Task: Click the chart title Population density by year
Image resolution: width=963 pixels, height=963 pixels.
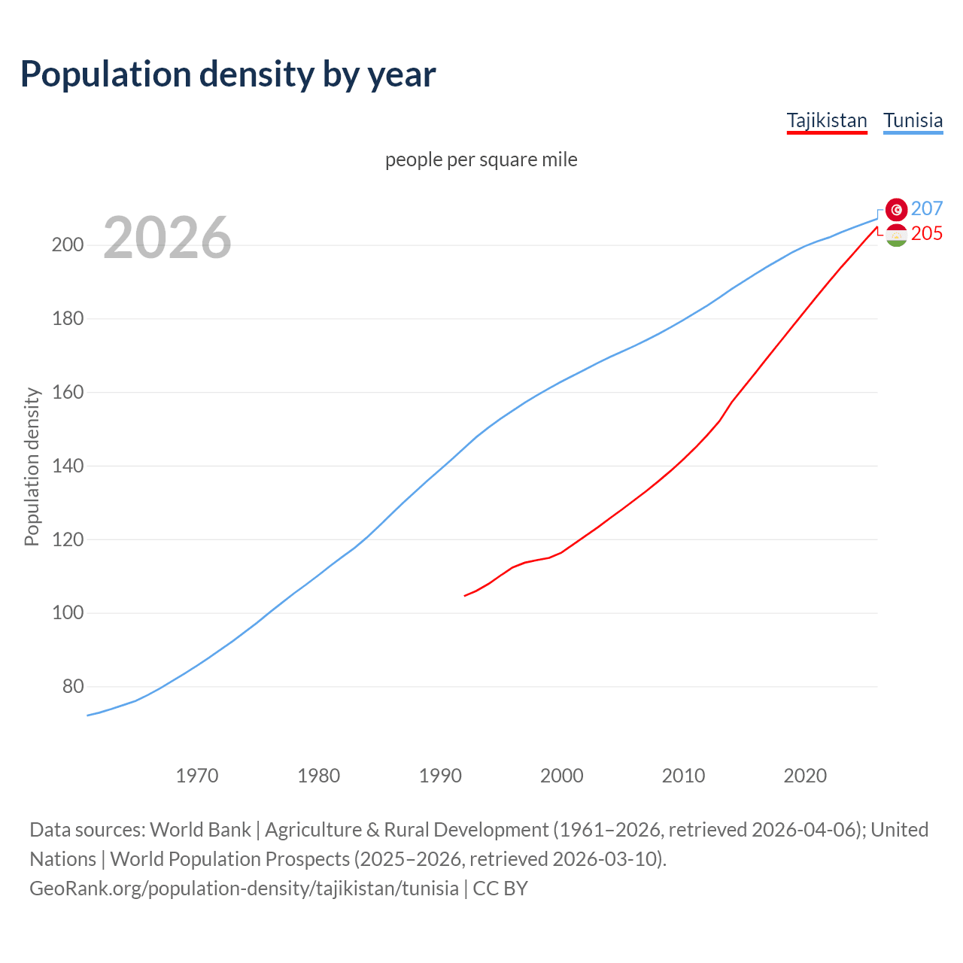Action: [x=228, y=74]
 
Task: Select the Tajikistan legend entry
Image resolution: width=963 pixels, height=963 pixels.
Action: [x=827, y=120]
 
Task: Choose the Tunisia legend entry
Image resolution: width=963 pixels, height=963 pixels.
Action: [x=913, y=120]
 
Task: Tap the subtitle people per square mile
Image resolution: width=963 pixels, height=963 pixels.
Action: [x=481, y=159]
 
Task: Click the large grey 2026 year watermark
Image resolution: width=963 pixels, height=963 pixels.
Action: [x=167, y=238]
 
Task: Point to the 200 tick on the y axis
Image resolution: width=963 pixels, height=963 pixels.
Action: [x=68, y=245]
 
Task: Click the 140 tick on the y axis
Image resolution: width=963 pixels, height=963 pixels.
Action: [x=68, y=466]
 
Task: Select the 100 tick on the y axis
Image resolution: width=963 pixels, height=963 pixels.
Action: [x=68, y=613]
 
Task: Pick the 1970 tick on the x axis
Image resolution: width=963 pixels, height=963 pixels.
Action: [x=197, y=776]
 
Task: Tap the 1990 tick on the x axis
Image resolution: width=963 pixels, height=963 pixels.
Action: [x=440, y=776]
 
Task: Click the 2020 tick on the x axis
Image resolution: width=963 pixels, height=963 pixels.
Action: [x=805, y=776]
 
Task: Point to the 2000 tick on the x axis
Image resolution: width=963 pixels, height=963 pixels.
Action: [x=562, y=776]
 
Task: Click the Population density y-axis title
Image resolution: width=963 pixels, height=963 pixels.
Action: [x=32, y=466]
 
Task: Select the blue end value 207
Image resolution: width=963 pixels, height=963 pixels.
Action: [x=927, y=208]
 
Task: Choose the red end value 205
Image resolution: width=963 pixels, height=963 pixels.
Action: [x=927, y=234]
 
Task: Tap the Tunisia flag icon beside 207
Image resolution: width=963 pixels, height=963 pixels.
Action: [x=896, y=209]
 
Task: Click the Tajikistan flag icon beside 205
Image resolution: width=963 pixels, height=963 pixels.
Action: [x=896, y=235]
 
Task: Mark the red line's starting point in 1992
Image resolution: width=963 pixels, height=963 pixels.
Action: [x=465, y=596]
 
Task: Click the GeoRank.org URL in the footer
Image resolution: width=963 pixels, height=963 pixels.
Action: [x=244, y=889]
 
